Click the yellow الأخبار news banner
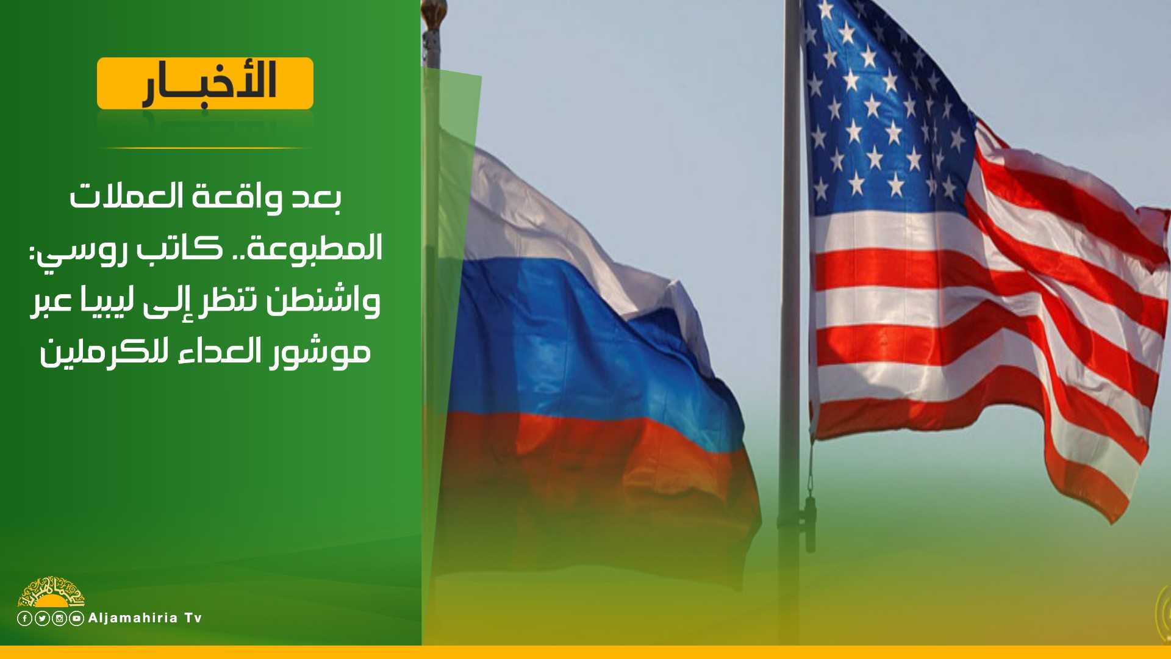click(x=205, y=84)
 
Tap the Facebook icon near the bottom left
click(x=24, y=619)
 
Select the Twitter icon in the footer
click(x=42, y=619)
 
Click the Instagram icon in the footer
click(x=59, y=619)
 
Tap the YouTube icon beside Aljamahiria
click(x=76, y=619)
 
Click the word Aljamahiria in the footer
click(x=133, y=618)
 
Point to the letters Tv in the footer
click(x=193, y=618)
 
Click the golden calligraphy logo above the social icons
click(x=51, y=591)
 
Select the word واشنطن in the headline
click(x=323, y=301)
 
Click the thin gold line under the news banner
click(x=205, y=148)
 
